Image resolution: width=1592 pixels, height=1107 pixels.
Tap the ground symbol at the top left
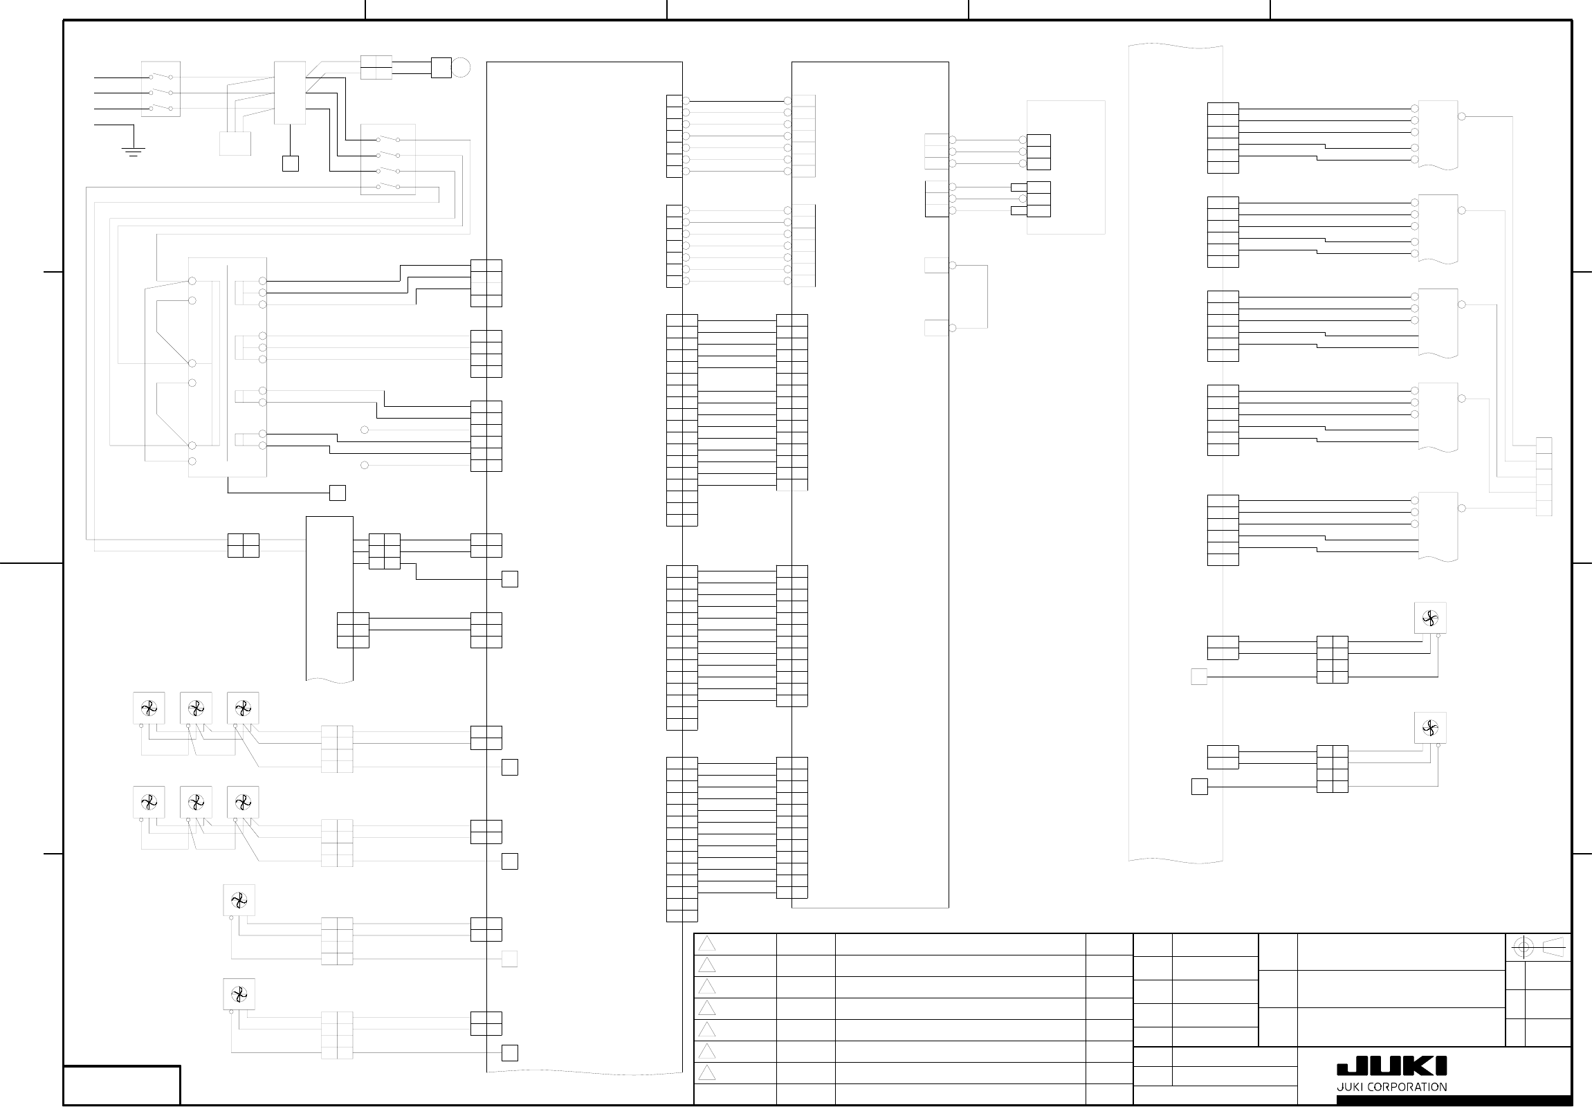(133, 150)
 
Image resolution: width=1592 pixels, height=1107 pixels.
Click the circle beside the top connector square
(461, 68)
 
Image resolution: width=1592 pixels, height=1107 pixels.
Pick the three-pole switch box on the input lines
(161, 89)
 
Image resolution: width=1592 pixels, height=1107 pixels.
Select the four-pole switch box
(388, 159)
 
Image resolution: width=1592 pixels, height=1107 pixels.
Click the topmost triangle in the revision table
(706, 944)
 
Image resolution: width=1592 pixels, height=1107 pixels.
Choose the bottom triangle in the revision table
(706, 1073)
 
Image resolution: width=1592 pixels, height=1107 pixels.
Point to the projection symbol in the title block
(1538, 948)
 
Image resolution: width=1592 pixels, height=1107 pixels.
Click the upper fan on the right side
(1429, 618)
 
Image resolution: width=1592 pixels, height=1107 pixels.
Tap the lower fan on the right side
(1429, 728)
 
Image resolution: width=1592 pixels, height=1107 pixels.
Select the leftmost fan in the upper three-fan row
(149, 708)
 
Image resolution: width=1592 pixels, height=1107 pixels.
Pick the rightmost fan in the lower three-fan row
(243, 802)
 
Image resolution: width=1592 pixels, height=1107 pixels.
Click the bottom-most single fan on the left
(239, 995)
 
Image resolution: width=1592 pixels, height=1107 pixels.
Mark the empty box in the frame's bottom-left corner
(122, 1085)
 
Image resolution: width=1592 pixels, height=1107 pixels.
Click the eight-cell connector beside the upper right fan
(1332, 659)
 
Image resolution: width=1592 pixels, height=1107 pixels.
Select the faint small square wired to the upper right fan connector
(1199, 677)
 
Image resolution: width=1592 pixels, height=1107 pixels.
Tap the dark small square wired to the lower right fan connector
(1199, 787)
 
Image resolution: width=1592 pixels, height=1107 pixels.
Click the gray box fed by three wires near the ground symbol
(235, 143)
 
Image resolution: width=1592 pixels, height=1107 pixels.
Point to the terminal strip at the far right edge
(1544, 477)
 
